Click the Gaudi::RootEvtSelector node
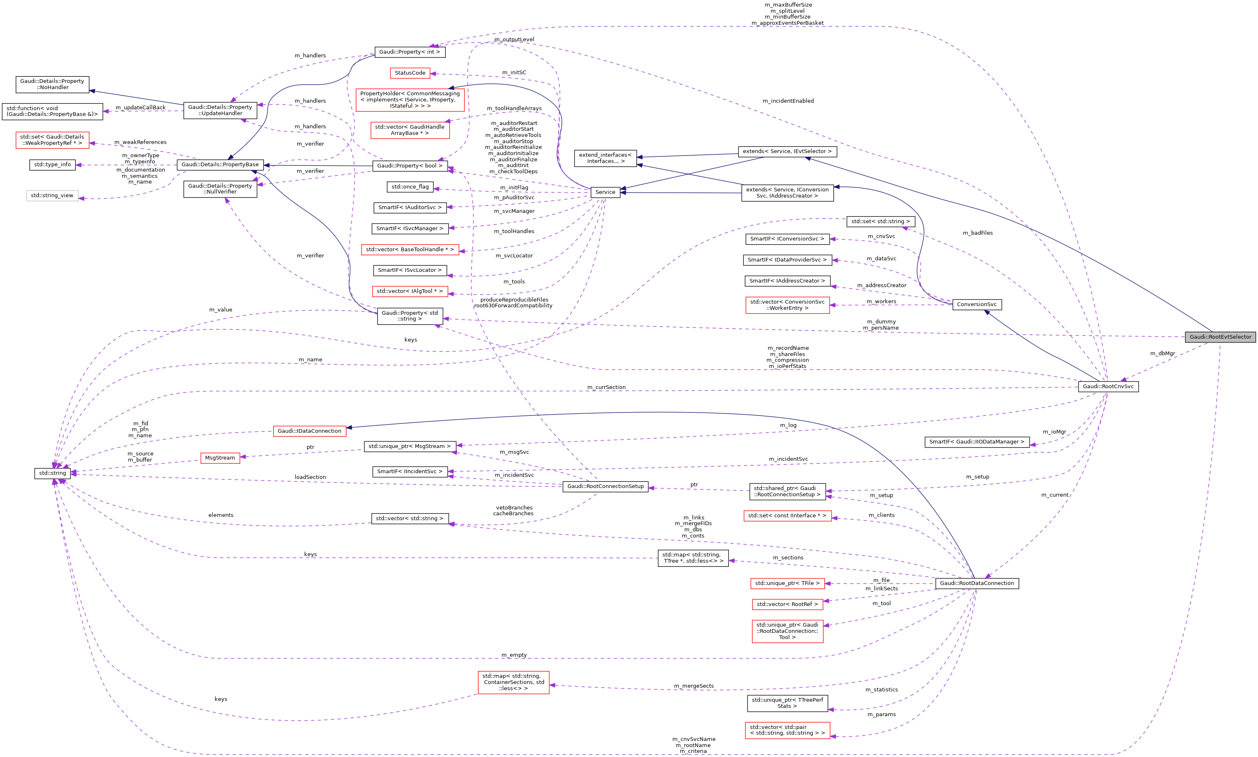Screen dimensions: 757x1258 point(1220,337)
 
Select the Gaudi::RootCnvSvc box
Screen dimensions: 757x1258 point(1107,387)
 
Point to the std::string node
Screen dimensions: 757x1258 point(52,473)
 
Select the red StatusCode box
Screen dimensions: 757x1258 point(410,73)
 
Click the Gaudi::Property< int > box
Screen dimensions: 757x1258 point(409,52)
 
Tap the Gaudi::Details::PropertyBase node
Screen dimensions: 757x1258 point(220,165)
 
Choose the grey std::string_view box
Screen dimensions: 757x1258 point(52,196)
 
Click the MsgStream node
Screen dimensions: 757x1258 point(220,458)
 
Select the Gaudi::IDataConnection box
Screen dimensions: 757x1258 point(309,431)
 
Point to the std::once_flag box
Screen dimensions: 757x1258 point(410,187)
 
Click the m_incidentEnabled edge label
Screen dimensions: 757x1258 point(787,101)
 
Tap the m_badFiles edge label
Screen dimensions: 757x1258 point(977,233)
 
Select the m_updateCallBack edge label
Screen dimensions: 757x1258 point(140,108)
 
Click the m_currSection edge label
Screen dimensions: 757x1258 point(606,388)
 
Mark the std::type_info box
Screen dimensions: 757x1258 point(52,165)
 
